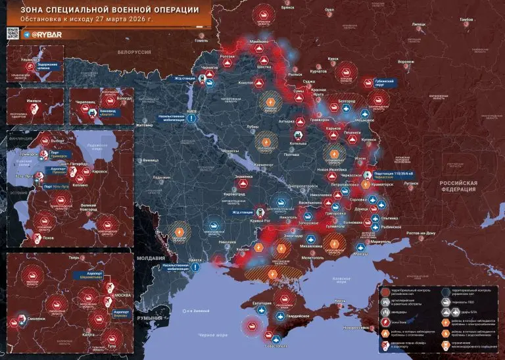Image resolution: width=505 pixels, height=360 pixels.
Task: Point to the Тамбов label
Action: (466, 20)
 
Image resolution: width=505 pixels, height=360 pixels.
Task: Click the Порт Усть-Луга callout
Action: (57, 186)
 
